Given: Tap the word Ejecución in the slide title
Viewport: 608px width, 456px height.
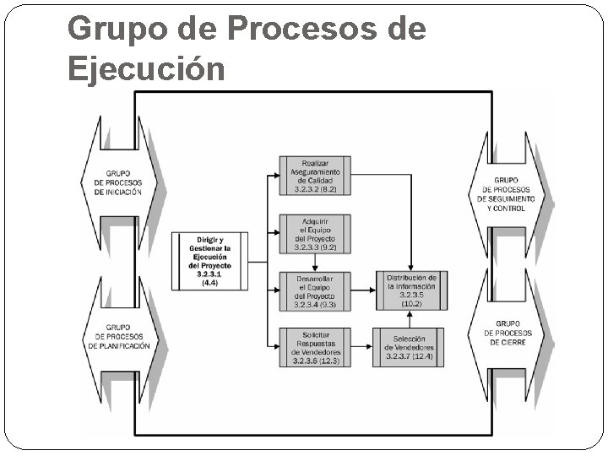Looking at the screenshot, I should coord(146,69).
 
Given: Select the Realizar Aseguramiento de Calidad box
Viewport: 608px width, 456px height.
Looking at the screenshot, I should coord(314,176).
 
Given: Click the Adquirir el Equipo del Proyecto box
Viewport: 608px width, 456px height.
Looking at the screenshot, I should coord(314,234).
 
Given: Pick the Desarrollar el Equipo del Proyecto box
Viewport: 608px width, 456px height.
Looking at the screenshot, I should coord(314,290).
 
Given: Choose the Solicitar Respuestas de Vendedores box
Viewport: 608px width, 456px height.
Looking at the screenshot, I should coord(314,346).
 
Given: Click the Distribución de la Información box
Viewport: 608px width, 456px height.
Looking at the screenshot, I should coord(411,290).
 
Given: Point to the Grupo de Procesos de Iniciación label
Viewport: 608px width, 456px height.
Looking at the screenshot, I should coord(118,182).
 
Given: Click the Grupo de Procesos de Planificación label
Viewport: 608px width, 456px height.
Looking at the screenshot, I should coord(118,336).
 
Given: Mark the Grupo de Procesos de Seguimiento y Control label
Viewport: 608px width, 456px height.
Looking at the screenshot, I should coord(507,193).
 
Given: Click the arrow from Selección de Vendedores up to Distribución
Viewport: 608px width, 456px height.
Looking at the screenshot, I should coord(410,318).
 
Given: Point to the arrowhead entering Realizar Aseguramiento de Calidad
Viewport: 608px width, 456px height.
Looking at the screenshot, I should coord(275,176).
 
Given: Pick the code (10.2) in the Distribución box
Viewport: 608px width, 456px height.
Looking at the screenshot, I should coord(411,303).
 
